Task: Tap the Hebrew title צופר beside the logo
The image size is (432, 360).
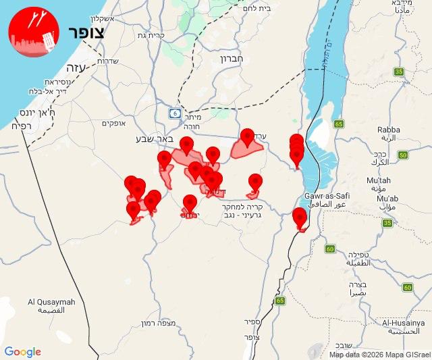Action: (86, 32)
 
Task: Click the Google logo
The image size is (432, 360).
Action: (23, 352)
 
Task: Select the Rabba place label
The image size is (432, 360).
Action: (389, 130)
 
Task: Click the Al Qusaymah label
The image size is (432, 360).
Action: (51, 302)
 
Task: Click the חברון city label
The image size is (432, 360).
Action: (235, 59)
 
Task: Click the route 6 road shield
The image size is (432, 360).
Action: (175, 113)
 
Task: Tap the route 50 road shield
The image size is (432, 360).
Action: (403, 155)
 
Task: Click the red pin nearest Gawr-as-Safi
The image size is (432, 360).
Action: (300, 217)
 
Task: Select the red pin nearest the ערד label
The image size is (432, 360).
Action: (247, 138)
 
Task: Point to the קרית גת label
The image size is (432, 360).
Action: (152, 35)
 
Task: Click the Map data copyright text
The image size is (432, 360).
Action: (379, 354)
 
